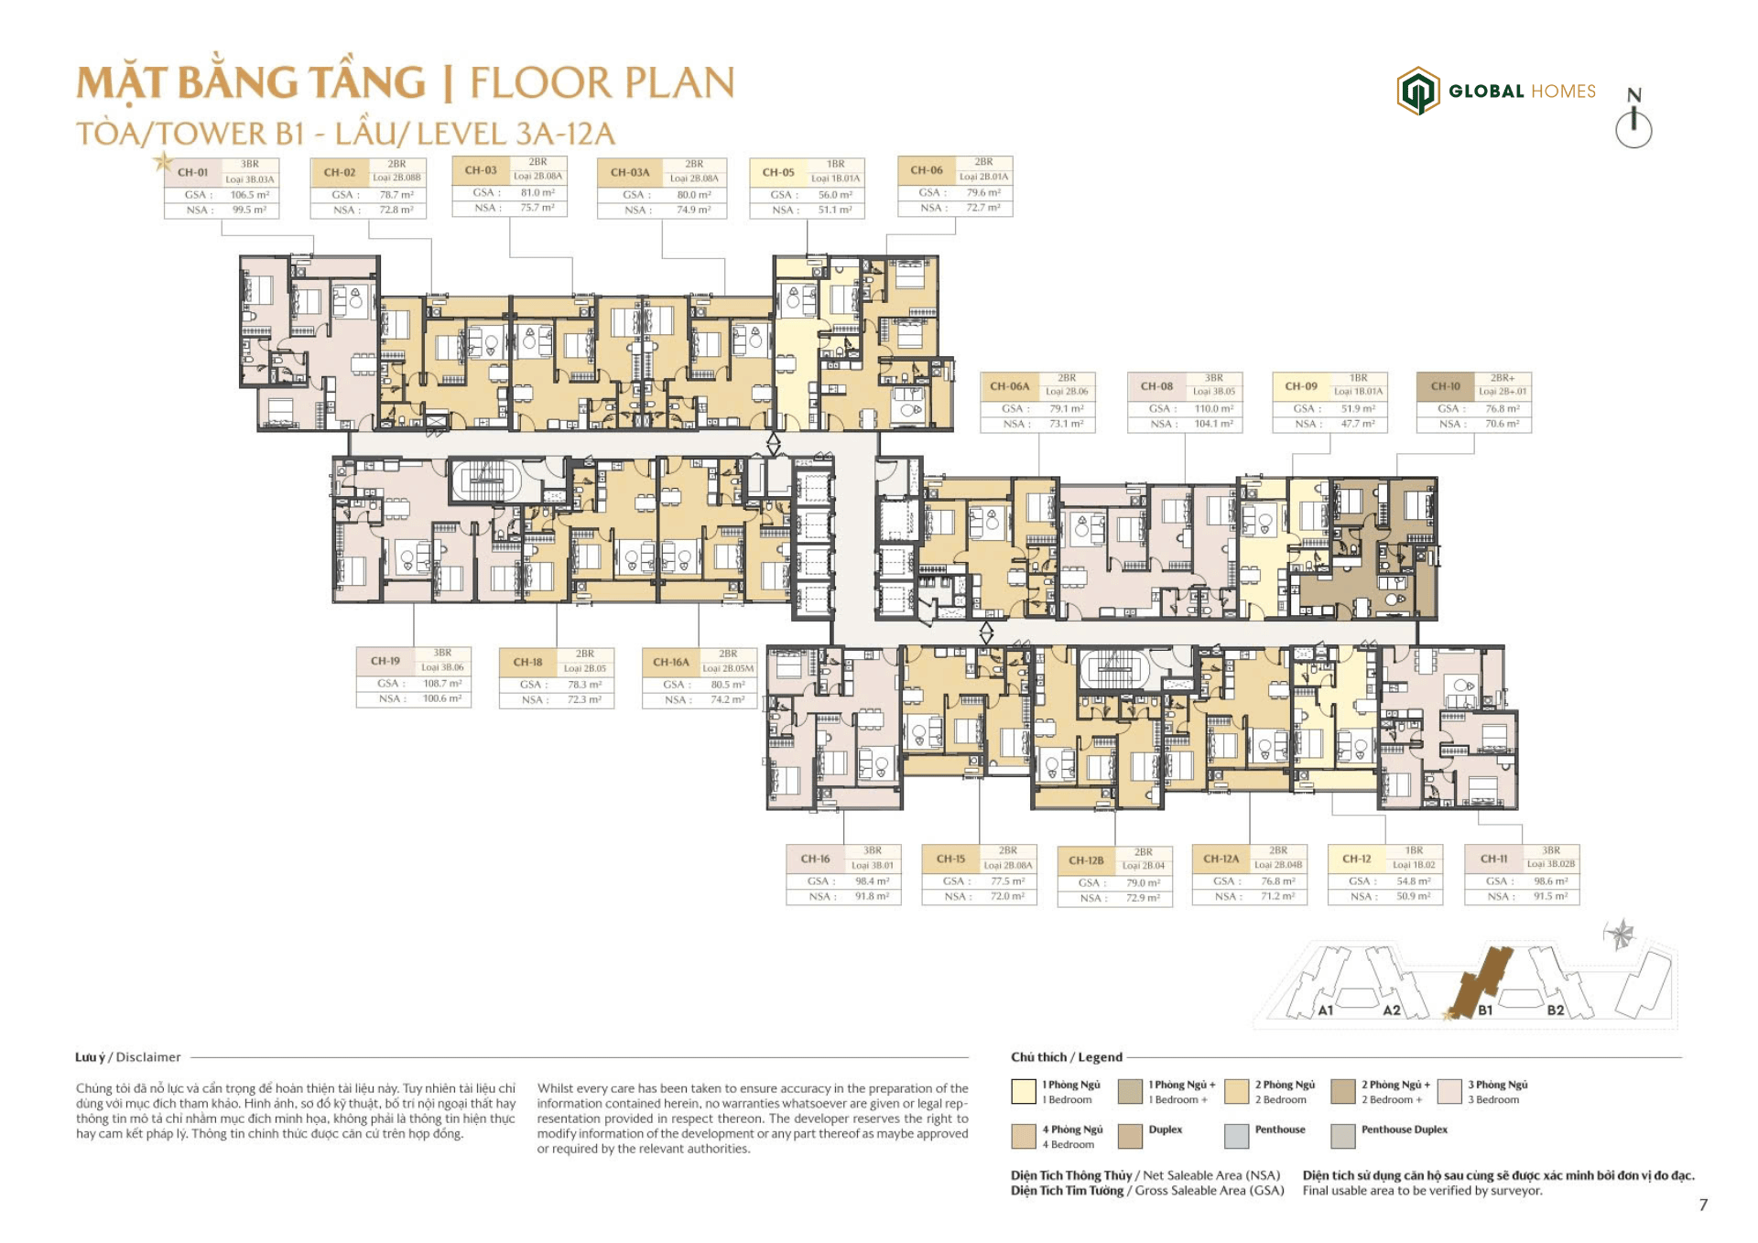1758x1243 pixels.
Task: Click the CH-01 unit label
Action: click(192, 172)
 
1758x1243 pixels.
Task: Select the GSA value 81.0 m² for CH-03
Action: click(537, 193)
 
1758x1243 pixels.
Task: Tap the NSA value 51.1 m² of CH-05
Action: click(834, 210)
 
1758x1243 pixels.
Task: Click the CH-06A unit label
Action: click(1009, 386)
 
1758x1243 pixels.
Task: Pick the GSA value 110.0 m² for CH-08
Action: click(1213, 409)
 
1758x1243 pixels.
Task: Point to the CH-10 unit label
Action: click(1445, 386)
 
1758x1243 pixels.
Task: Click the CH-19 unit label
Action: click(385, 661)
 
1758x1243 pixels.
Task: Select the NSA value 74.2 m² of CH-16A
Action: click(727, 699)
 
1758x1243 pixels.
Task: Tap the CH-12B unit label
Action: click(1086, 860)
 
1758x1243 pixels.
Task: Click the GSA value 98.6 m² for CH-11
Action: click(1550, 881)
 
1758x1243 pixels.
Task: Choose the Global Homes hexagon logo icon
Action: click(1417, 91)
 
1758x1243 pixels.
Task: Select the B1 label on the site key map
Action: click(1485, 1011)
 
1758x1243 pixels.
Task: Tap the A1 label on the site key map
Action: click(1325, 1011)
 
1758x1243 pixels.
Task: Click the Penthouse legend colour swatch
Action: click(1236, 1136)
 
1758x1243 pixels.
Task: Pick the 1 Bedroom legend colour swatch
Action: click(1023, 1091)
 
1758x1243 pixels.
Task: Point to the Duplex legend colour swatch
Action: click(1130, 1136)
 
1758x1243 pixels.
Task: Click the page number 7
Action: click(1703, 1205)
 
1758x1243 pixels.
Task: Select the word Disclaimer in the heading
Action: click(148, 1057)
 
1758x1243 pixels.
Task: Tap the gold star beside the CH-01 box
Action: click(163, 163)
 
